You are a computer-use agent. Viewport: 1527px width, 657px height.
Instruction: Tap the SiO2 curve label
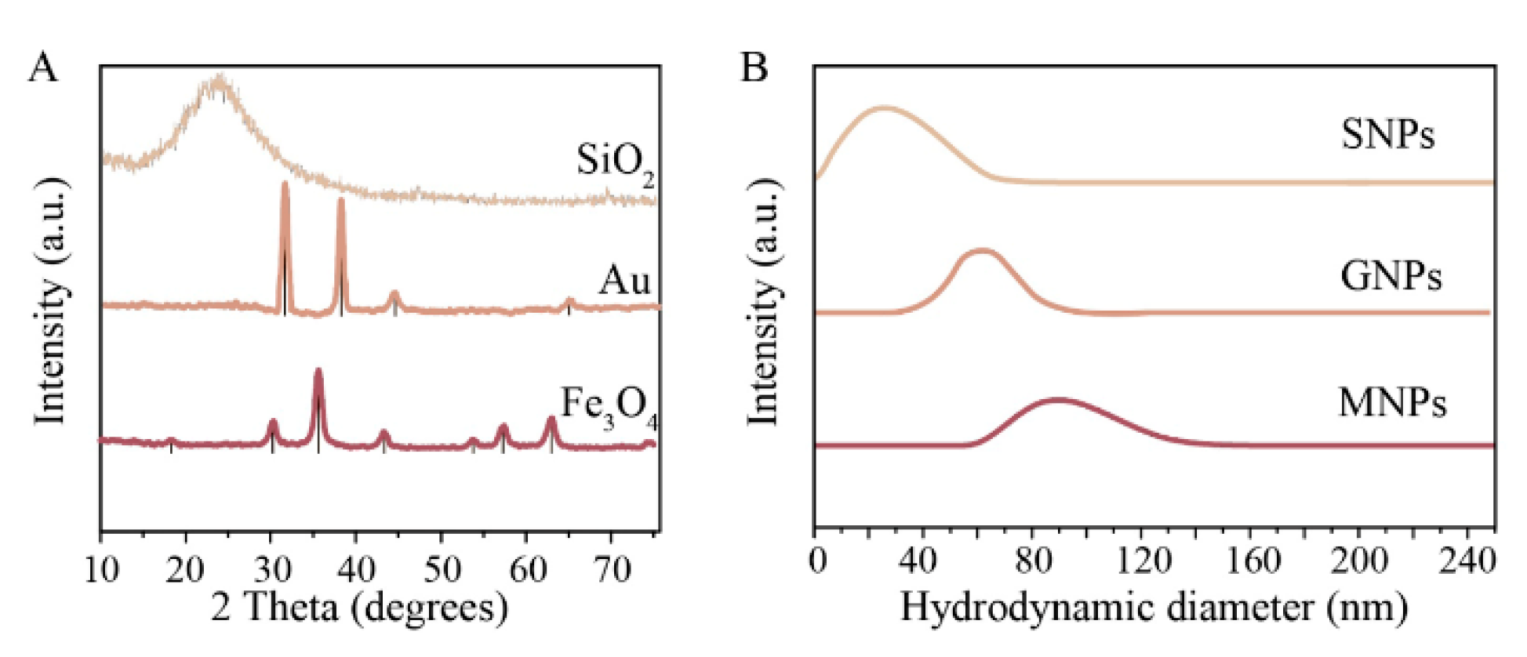(615, 163)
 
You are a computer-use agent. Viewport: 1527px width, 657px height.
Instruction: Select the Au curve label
(624, 280)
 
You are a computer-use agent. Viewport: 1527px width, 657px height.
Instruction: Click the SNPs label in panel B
(1387, 134)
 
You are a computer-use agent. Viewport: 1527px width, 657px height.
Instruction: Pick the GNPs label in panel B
(1391, 276)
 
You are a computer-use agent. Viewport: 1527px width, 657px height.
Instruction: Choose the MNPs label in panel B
(1391, 403)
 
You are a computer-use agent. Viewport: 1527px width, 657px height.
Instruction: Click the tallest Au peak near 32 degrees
(285, 185)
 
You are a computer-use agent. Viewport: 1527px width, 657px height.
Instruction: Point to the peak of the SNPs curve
(885, 108)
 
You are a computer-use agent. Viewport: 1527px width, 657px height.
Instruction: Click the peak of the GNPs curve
(982, 252)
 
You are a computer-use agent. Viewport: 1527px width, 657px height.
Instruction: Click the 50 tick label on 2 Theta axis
(442, 568)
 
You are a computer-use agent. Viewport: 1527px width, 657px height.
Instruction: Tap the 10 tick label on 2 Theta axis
(101, 568)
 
